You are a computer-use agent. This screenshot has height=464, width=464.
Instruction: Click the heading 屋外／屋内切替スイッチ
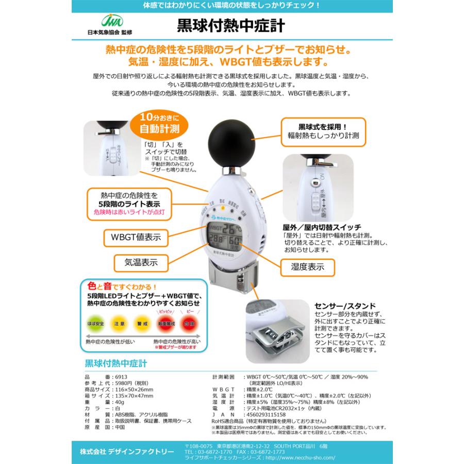pos(322,227)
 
